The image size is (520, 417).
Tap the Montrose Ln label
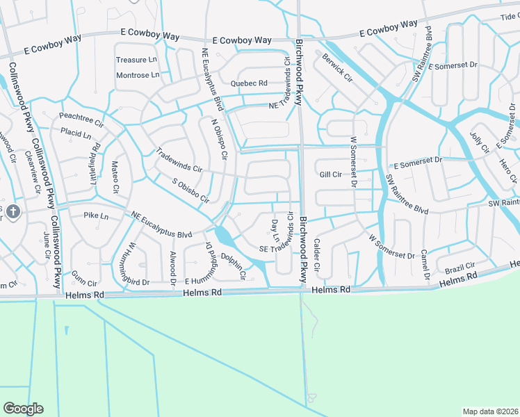pyautogui.click(x=137, y=75)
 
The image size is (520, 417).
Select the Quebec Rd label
pyautogui.click(x=249, y=83)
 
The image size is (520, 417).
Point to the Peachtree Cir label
pyautogui.click(x=81, y=117)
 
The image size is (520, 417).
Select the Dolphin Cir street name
pyautogui.click(x=234, y=267)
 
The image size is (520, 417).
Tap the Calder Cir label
pyautogui.click(x=317, y=255)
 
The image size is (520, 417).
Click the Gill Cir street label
pyautogui.click(x=330, y=174)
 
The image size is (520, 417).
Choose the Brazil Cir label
pyautogui.click(x=460, y=267)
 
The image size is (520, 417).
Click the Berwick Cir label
pyautogui.click(x=338, y=67)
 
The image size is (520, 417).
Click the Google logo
pyautogui.click(x=23, y=409)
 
